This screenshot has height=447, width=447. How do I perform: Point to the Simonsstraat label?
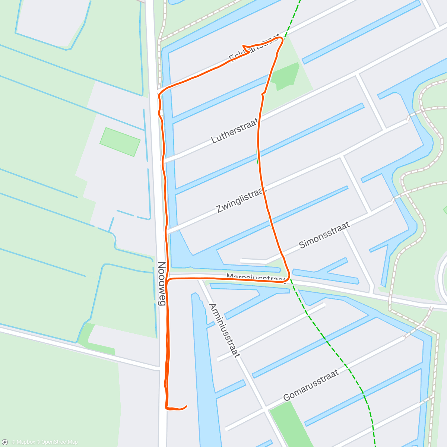tap(324, 235)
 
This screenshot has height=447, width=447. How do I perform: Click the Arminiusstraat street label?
tap(224, 330)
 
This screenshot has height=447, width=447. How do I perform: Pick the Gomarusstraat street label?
tap(311, 385)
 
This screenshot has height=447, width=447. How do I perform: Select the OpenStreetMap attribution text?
tap(59, 442)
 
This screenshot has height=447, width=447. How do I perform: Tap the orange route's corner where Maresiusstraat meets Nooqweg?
tap(168, 280)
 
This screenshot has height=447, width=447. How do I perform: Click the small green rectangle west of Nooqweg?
tap(120, 142)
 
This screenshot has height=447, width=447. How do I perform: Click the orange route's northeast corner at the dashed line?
tap(282, 39)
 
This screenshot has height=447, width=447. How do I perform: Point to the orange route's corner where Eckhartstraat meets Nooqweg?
tap(160, 93)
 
